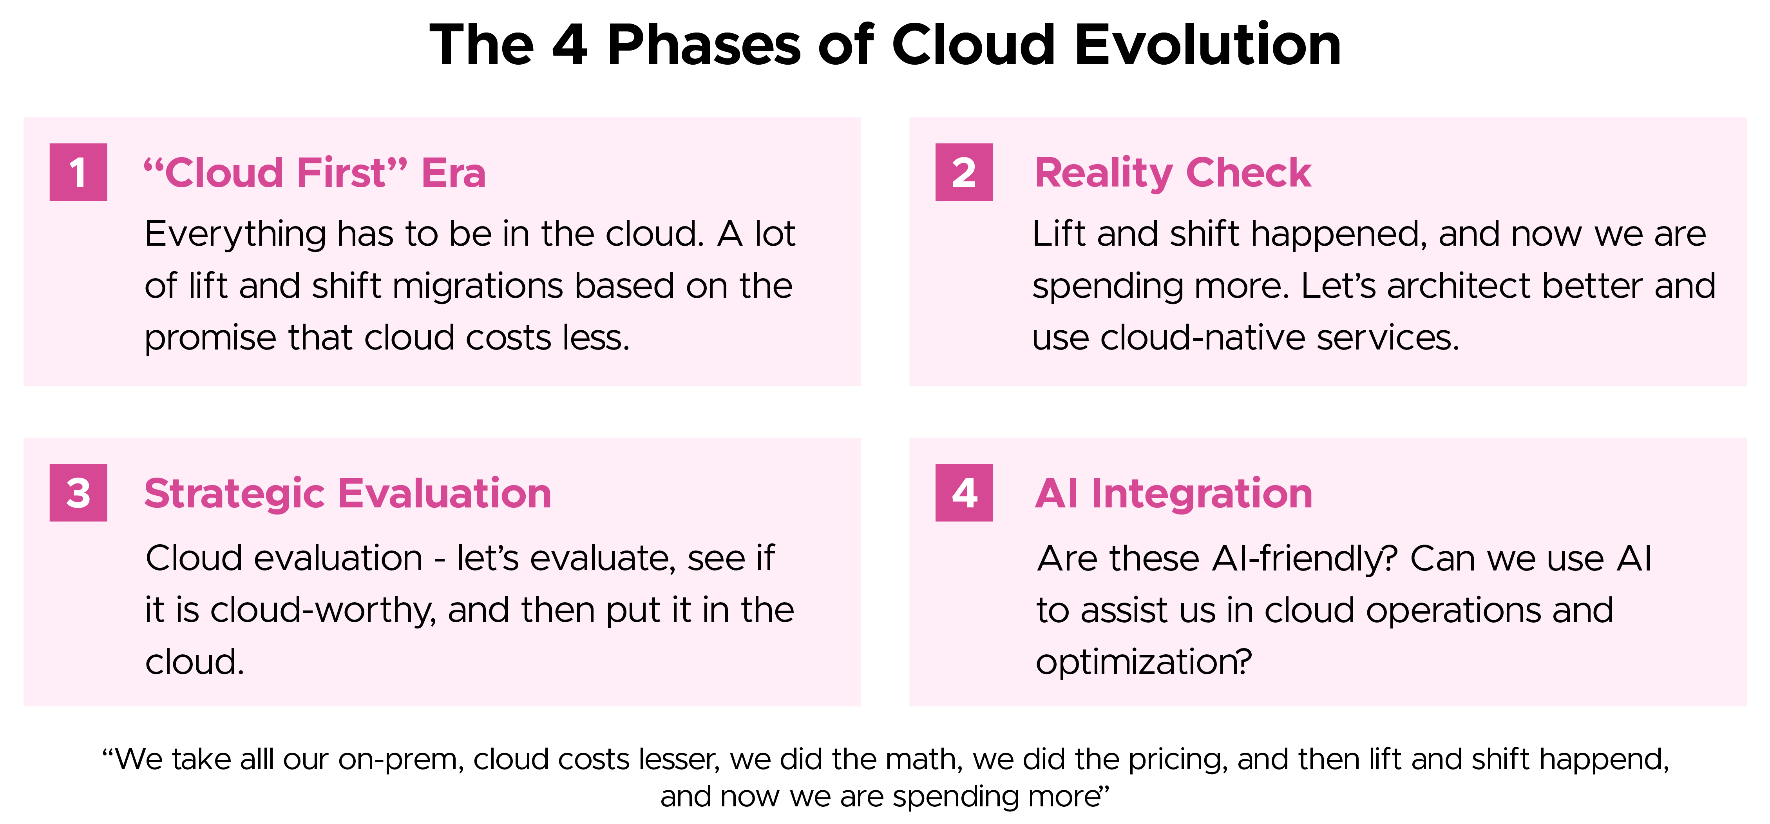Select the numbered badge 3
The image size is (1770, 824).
(x=78, y=493)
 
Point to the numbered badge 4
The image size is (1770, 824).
(x=964, y=493)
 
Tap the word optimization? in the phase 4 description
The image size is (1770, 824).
(x=1144, y=663)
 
